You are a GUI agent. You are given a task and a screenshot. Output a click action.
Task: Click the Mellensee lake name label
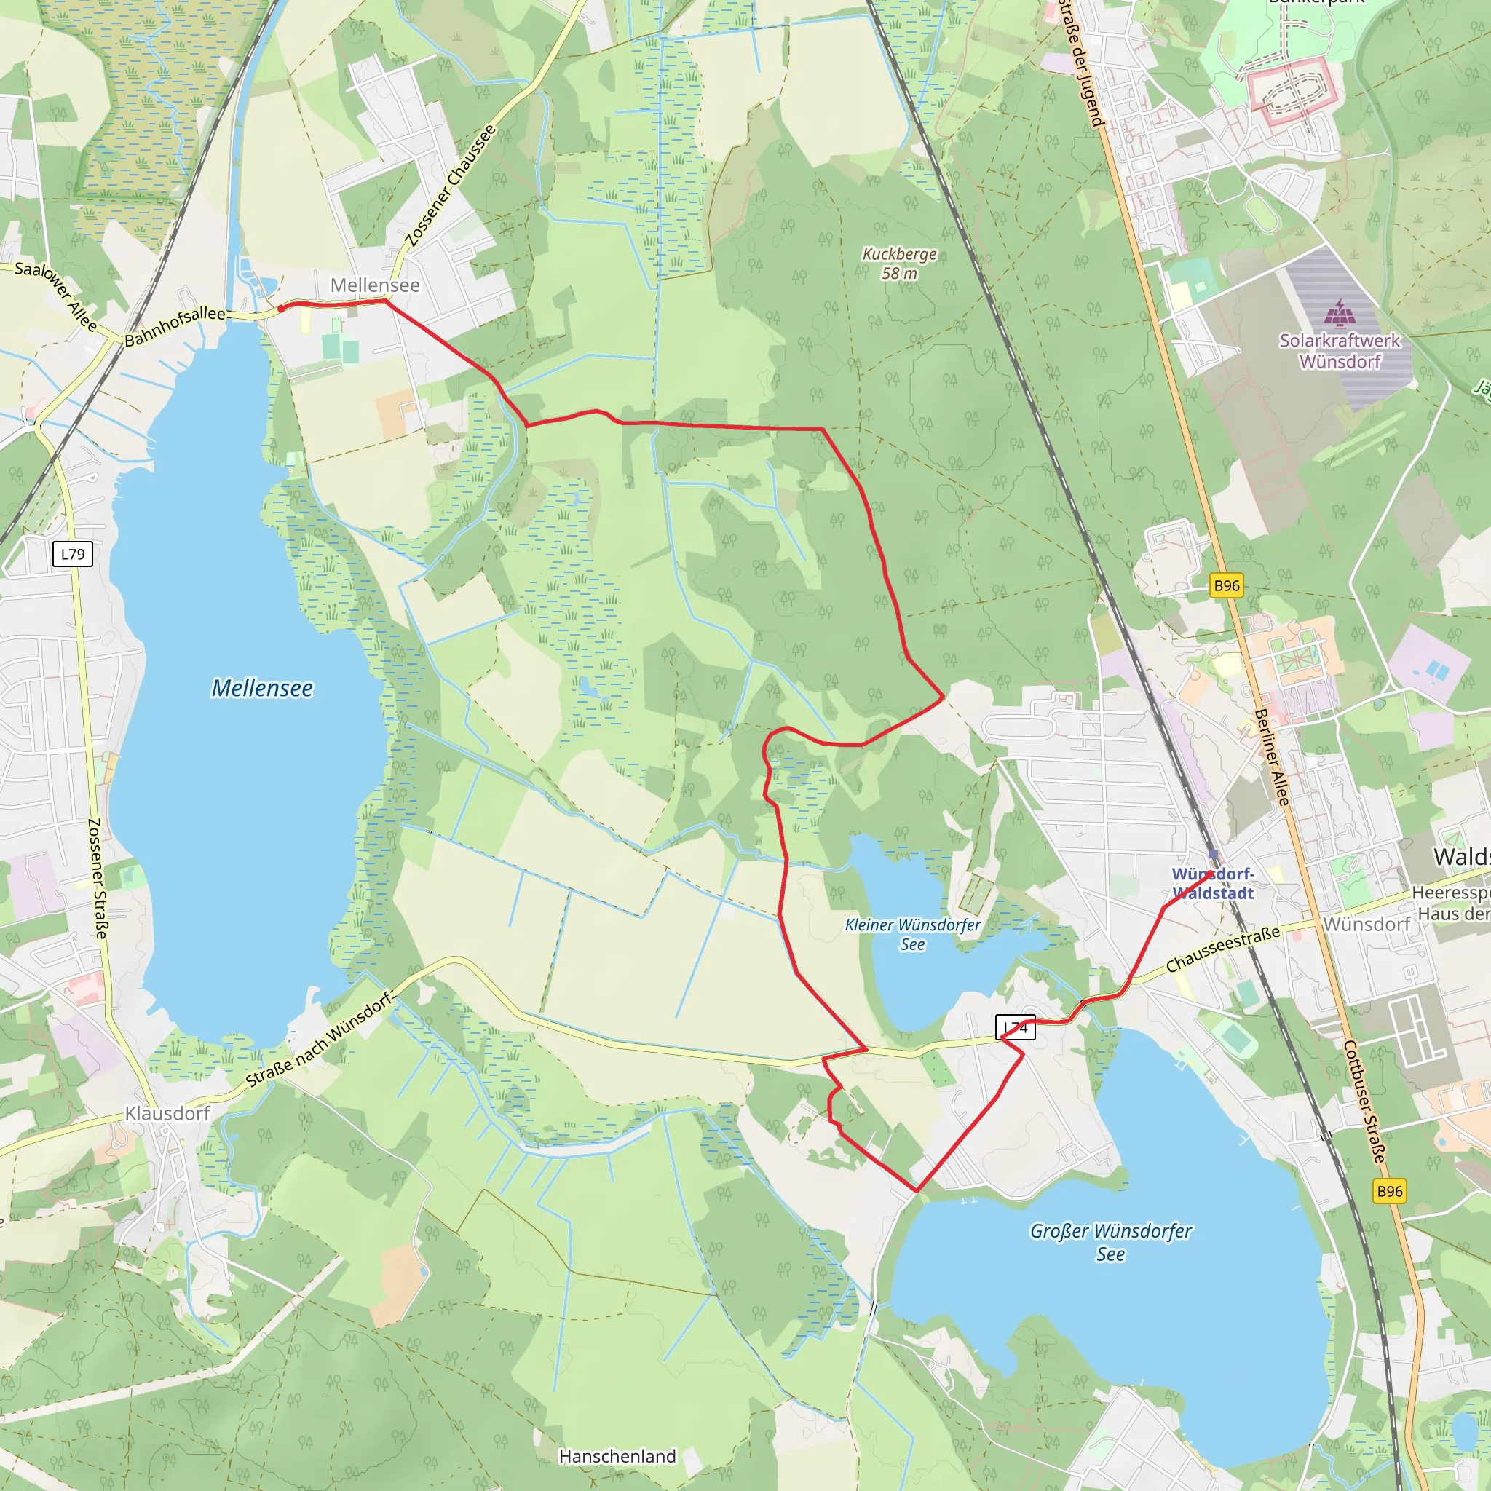pos(262,689)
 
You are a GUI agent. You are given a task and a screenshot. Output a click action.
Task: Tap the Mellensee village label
pos(375,285)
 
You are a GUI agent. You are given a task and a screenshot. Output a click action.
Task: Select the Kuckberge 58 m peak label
pos(899,263)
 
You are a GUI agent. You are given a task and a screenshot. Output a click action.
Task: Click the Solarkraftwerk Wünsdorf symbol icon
pos(1340,312)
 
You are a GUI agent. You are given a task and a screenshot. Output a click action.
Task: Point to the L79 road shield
pos(74,554)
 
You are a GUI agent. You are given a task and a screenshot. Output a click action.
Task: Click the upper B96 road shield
pos(1226,586)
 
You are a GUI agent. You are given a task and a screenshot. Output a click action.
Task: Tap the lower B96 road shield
pos(1390,1191)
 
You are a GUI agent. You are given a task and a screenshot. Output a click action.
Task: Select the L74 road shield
pos(1016,1027)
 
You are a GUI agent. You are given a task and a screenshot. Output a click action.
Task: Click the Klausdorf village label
pos(167,1113)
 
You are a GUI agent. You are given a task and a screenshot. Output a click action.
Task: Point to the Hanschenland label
pos(617,1456)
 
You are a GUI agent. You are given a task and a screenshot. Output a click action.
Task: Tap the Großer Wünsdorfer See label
pos(1110,1242)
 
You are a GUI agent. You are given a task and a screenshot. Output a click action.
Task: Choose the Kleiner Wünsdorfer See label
pos(913,934)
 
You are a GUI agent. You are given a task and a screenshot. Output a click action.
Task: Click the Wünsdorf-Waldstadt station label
pos(1213,884)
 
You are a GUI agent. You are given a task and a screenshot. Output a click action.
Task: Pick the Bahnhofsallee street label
pos(175,325)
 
